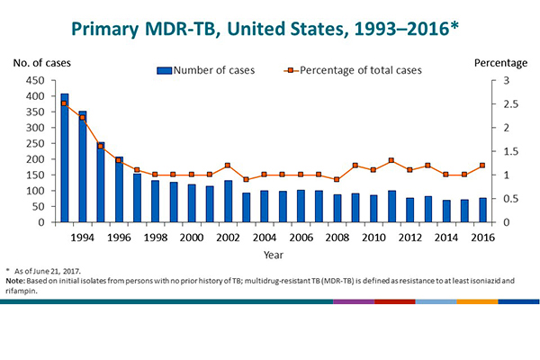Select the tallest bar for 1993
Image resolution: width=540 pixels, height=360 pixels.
[x=64, y=157]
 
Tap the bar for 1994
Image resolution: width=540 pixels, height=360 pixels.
[x=83, y=166]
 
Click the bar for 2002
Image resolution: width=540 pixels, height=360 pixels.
[x=228, y=202]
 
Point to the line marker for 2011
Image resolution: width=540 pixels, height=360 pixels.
[x=391, y=161]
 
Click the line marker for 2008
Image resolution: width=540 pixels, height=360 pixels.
[x=337, y=179]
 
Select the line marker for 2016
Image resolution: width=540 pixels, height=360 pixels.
[x=481, y=166]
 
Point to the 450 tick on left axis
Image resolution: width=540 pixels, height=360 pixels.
[x=33, y=81]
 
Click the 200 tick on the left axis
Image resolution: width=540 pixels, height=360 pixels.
[x=33, y=159]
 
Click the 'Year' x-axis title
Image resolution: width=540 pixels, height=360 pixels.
[x=271, y=255]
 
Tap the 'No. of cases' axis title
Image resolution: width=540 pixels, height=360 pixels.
[x=41, y=63]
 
